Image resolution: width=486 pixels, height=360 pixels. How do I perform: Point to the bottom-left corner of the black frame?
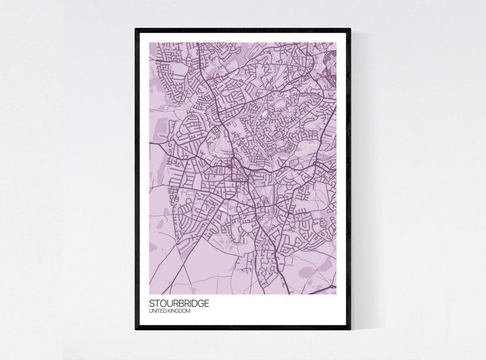pos(136,329)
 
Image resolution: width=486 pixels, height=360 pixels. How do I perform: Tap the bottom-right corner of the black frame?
pos(350,329)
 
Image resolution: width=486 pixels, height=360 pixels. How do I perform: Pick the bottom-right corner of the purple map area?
pos(335,294)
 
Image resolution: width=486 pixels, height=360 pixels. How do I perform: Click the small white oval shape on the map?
pos(264,113)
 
